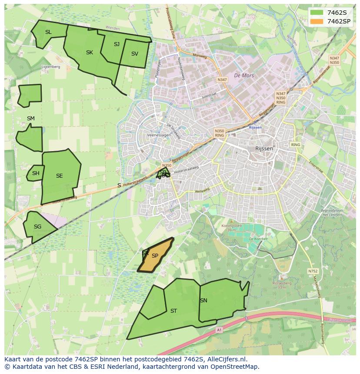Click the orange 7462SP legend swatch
coord(317,21)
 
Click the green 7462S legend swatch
coord(317,12)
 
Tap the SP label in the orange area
coord(155,256)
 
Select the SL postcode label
coord(48,32)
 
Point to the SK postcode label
coord(89,53)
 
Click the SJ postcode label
coord(117,44)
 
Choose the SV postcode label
coord(134,54)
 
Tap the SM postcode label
coord(30,119)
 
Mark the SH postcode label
coord(36,173)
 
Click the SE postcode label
coord(59,176)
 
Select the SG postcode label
coord(37,227)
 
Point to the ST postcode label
coord(173,311)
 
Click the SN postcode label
coord(203,301)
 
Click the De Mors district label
coord(243,76)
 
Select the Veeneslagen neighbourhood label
coord(159,136)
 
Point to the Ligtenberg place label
coord(50,67)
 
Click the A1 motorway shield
coord(219,330)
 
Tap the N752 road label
coord(313,271)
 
